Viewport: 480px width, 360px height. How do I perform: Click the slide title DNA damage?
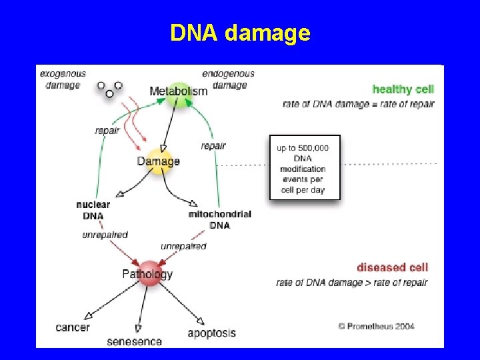tap(240, 32)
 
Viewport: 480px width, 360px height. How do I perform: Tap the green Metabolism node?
tap(179, 92)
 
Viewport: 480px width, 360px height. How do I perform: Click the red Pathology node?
tap(148, 273)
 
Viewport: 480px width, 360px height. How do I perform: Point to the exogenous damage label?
tap(63, 79)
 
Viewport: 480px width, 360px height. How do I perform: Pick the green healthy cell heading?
tap(403, 89)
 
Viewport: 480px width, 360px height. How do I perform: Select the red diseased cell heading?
tap(393, 267)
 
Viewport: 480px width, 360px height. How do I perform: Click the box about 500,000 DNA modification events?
tap(305, 167)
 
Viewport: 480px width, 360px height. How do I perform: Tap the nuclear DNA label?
tap(93, 210)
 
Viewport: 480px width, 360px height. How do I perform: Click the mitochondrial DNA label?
tap(219, 219)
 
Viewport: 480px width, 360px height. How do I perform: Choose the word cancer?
tap(73, 327)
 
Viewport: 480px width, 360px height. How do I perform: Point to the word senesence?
tap(134, 341)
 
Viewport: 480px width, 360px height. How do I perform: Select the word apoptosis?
tap(211, 333)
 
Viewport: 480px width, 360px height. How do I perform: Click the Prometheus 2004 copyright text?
tap(376, 326)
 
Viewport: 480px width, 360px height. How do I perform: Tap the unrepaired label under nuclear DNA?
tap(105, 235)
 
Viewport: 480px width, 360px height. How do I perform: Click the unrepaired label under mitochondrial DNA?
tap(183, 246)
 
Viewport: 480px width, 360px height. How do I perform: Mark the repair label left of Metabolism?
tap(107, 131)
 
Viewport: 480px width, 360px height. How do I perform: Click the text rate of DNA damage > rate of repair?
tap(352, 283)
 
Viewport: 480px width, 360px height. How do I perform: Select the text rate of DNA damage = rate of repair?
tap(358, 104)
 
